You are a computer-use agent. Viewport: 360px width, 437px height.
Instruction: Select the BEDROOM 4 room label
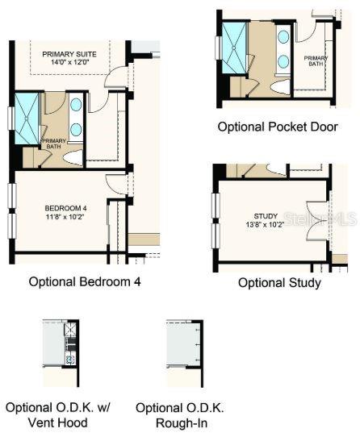(64, 209)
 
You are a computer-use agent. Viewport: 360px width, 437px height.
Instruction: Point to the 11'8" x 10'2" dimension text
(64, 218)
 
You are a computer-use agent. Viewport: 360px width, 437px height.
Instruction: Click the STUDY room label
(266, 216)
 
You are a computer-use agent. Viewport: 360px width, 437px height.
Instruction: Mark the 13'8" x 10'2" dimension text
(266, 225)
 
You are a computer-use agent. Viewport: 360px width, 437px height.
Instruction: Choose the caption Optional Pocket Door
(278, 127)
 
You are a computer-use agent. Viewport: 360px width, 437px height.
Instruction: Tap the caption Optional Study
(279, 283)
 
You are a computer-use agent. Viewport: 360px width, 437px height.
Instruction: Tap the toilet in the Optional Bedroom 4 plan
(74, 156)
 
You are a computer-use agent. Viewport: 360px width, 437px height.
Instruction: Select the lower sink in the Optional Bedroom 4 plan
(76, 129)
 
